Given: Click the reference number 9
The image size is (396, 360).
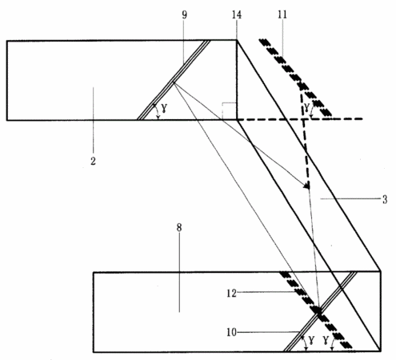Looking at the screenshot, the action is [185, 14].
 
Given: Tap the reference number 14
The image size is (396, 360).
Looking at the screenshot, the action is [237, 14].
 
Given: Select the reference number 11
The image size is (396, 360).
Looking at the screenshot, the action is [282, 14].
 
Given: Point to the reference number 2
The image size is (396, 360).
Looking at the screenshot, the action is [93, 161].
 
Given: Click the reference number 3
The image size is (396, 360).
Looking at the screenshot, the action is [385, 199].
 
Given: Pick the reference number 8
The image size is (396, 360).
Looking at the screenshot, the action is [179, 227].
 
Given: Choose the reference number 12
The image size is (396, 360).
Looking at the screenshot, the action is [231, 294].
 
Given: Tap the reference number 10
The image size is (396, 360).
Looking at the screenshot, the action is [231, 332].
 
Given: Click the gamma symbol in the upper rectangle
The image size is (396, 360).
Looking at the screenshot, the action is [165, 107].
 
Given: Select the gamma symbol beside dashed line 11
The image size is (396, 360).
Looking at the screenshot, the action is [307, 107].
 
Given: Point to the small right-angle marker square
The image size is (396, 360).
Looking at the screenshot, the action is [229, 111].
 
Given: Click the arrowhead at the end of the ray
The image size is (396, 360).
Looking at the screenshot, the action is [306, 186].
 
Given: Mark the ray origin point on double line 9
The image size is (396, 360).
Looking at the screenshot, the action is [174, 82].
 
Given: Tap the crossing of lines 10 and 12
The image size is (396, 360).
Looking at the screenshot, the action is [318, 311].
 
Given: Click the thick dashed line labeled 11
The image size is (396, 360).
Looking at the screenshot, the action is [295, 78].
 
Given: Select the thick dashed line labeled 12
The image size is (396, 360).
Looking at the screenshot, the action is [315, 310].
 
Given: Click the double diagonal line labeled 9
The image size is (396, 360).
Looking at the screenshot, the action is [174, 80].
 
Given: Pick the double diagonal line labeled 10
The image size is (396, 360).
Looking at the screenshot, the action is [320, 311].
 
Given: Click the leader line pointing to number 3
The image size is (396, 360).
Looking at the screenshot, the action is [350, 198].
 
